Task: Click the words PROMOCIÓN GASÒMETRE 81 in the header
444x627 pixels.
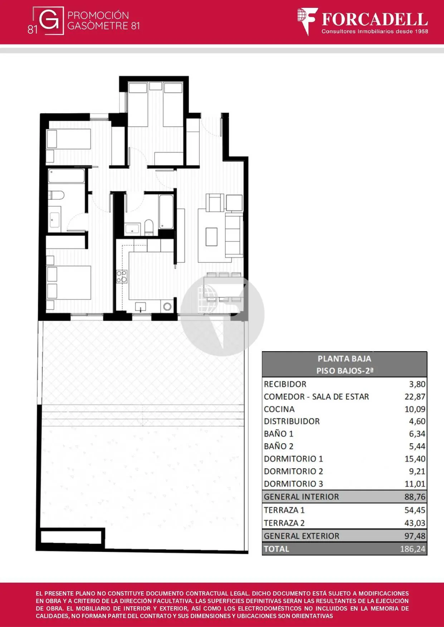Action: tap(103, 20)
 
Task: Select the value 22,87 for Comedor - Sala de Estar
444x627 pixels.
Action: tap(415, 397)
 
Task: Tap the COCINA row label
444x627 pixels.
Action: tap(279, 409)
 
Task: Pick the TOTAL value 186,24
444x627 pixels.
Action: tap(413, 549)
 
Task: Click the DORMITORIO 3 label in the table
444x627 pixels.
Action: tap(293, 484)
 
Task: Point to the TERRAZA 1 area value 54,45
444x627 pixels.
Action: tap(415, 510)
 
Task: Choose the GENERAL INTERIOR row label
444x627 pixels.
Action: tap(301, 497)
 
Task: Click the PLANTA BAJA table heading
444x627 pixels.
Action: tap(344, 358)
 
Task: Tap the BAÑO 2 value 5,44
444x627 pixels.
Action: tap(417, 446)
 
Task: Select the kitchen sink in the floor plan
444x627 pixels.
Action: tap(141, 307)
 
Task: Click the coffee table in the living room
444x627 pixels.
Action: tap(211, 237)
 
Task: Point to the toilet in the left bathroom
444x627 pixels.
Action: tap(56, 195)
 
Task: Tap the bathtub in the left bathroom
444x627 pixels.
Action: tap(67, 176)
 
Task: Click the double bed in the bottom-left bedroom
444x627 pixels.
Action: tap(69, 282)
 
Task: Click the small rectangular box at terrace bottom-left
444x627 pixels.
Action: tap(73, 537)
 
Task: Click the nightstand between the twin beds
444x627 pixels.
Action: tap(156, 86)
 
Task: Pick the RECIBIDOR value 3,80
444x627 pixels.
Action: tap(417, 384)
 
